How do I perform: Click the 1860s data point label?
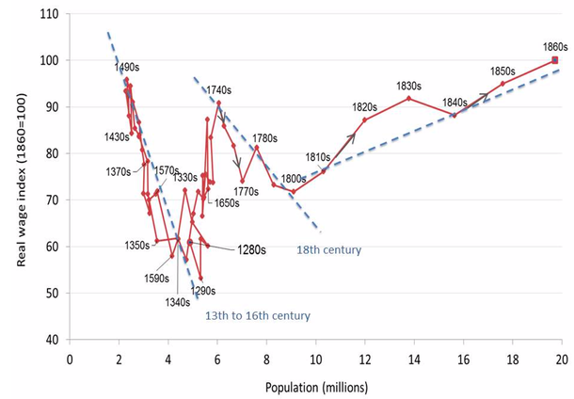click(x=555, y=46)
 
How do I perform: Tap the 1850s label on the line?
click(x=503, y=72)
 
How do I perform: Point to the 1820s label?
click(x=364, y=106)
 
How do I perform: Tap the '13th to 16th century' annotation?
click(x=257, y=316)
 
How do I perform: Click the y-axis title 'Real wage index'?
click(x=20, y=178)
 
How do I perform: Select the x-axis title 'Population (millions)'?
click(x=314, y=386)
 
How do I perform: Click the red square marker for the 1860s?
click(x=555, y=60)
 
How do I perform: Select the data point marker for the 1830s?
click(x=408, y=98)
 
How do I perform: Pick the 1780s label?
click(x=265, y=137)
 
